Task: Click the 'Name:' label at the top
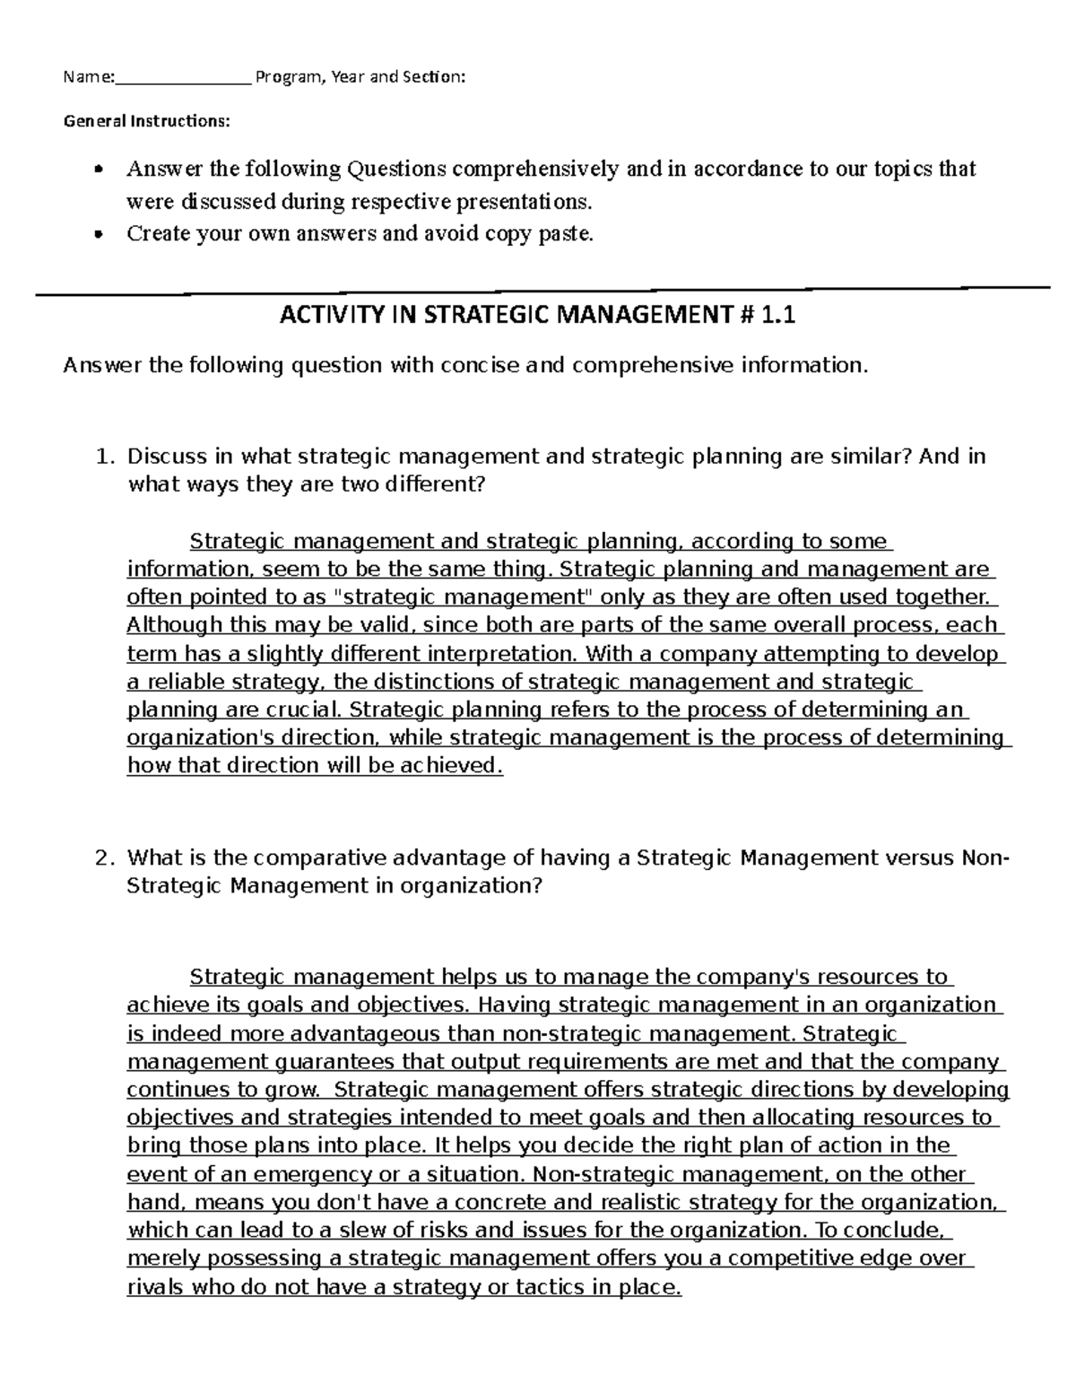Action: (x=88, y=77)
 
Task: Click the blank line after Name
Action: (x=183, y=81)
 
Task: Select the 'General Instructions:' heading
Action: (x=146, y=120)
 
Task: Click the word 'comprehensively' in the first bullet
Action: (x=535, y=169)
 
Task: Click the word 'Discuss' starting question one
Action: (x=167, y=457)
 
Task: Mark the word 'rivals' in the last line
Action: (x=155, y=1287)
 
